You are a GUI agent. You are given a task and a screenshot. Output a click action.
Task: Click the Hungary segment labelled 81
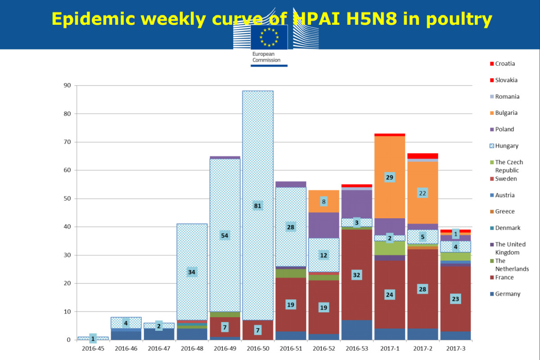coord(258,180)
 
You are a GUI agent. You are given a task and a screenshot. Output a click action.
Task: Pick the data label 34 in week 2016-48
coord(192,272)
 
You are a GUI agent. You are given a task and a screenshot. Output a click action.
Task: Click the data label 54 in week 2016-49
coord(225,235)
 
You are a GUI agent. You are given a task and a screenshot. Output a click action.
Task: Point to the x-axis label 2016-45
coord(93,348)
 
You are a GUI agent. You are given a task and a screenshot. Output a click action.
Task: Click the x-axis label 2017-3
coord(455,348)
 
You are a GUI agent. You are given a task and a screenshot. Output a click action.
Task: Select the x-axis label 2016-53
coord(356,348)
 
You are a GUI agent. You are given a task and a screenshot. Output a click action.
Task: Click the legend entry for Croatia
coord(505,64)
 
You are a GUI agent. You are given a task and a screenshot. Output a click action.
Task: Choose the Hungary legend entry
coord(507,146)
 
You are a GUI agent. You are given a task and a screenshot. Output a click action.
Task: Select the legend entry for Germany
coord(508,294)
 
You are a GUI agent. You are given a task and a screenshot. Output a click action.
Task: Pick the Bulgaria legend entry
coord(506,113)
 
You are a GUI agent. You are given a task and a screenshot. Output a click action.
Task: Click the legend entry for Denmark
coord(507,228)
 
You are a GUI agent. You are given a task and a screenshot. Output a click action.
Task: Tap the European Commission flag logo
coord(269,37)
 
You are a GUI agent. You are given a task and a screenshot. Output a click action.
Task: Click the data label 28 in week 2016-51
coord(291,227)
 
